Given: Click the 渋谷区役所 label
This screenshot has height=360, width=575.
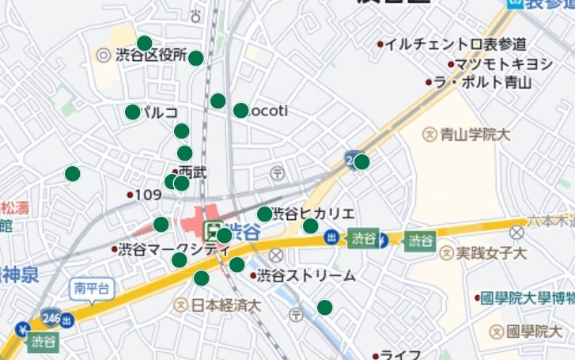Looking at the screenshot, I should [151, 55].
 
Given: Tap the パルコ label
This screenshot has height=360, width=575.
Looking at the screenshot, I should [159, 112].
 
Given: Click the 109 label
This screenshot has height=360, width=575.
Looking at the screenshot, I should [149, 195].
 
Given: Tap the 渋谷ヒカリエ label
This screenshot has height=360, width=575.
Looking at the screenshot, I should [313, 214].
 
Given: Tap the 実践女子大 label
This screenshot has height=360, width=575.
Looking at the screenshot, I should [491, 253].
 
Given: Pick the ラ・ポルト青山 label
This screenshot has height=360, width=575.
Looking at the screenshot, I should [484, 81].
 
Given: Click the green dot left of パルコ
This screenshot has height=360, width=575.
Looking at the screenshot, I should [132, 112].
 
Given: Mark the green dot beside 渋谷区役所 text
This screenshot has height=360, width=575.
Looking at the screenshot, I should [196, 58].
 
